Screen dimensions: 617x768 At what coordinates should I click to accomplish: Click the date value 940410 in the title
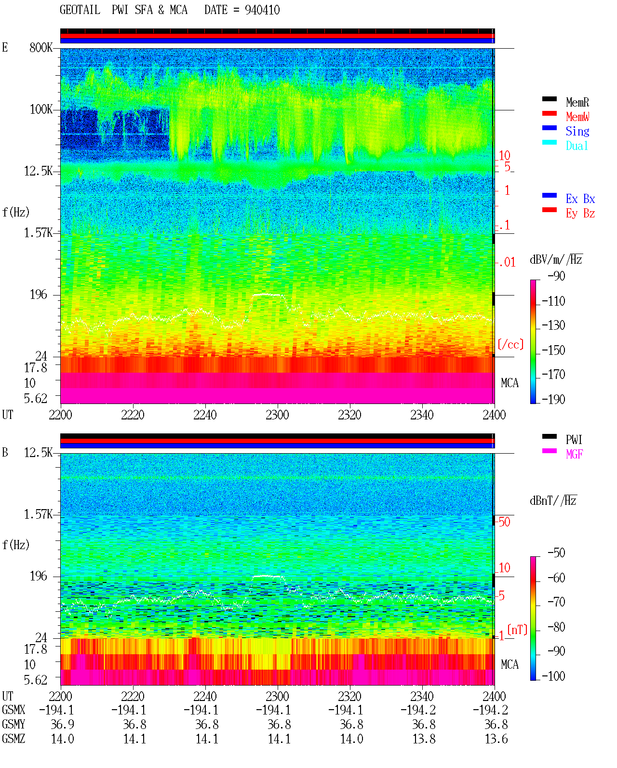click(262, 10)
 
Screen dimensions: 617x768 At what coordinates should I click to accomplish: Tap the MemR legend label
click(577, 102)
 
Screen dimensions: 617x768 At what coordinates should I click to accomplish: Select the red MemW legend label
click(577, 117)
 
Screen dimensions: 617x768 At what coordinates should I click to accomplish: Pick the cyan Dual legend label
click(577, 146)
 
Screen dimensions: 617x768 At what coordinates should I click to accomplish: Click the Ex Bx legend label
click(580, 199)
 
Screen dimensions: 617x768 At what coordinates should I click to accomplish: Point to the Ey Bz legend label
click(580, 214)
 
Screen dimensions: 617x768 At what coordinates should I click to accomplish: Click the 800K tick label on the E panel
click(40, 47)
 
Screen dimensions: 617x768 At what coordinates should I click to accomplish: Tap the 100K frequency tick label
click(40, 109)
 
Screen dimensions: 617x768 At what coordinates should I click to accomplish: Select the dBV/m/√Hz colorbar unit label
click(556, 259)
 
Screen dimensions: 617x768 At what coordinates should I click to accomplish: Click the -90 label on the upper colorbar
click(556, 276)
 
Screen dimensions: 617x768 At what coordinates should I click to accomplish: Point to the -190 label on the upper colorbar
click(553, 399)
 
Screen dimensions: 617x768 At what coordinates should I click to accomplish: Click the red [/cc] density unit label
click(510, 344)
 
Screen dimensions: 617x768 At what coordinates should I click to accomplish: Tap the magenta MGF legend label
click(574, 454)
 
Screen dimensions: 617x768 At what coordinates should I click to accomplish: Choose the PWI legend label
click(574, 440)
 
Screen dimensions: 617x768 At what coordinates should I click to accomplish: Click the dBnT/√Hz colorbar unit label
click(553, 500)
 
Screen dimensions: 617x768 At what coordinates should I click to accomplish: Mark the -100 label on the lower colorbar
click(553, 676)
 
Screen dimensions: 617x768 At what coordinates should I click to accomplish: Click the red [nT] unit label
click(517, 630)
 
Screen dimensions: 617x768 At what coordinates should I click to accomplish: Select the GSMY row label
click(13, 724)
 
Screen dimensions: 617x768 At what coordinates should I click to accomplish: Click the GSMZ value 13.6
click(496, 739)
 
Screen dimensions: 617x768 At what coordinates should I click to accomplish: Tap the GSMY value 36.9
click(63, 724)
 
